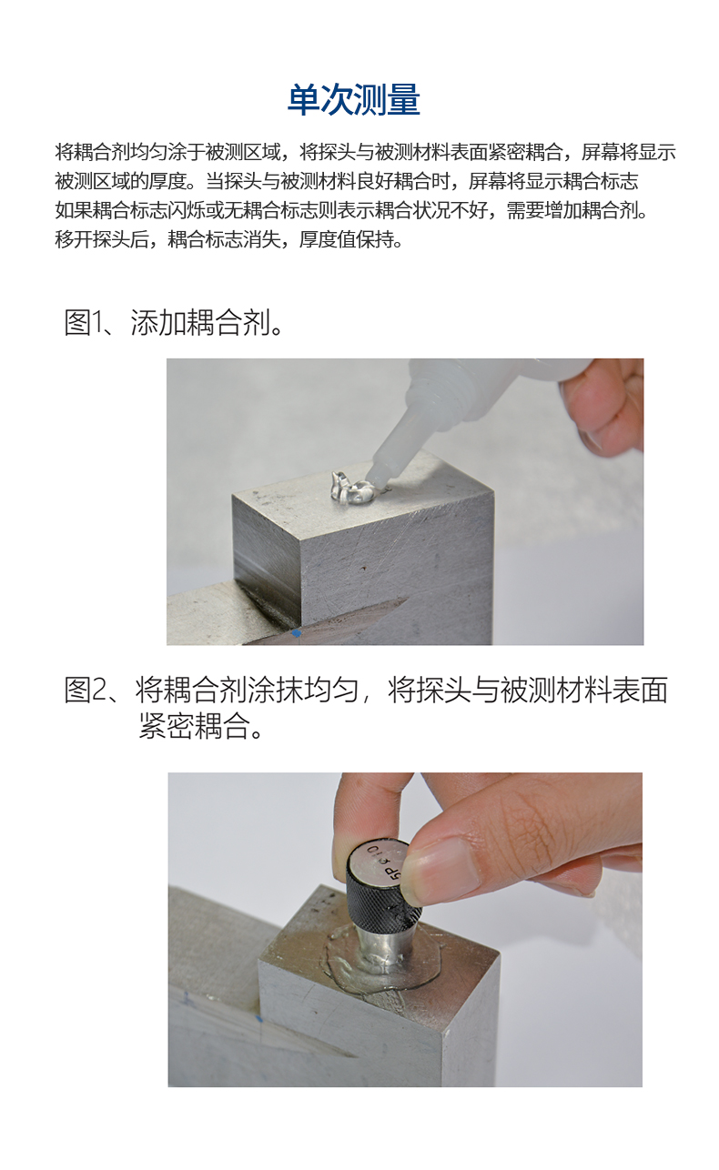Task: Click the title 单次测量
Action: click(353, 100)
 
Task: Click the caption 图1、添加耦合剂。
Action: click(173, 322)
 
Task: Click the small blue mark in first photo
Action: click(297, 631)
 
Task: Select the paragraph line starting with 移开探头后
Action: click(228, 241)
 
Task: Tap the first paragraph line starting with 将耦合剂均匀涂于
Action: click(364, 151)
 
